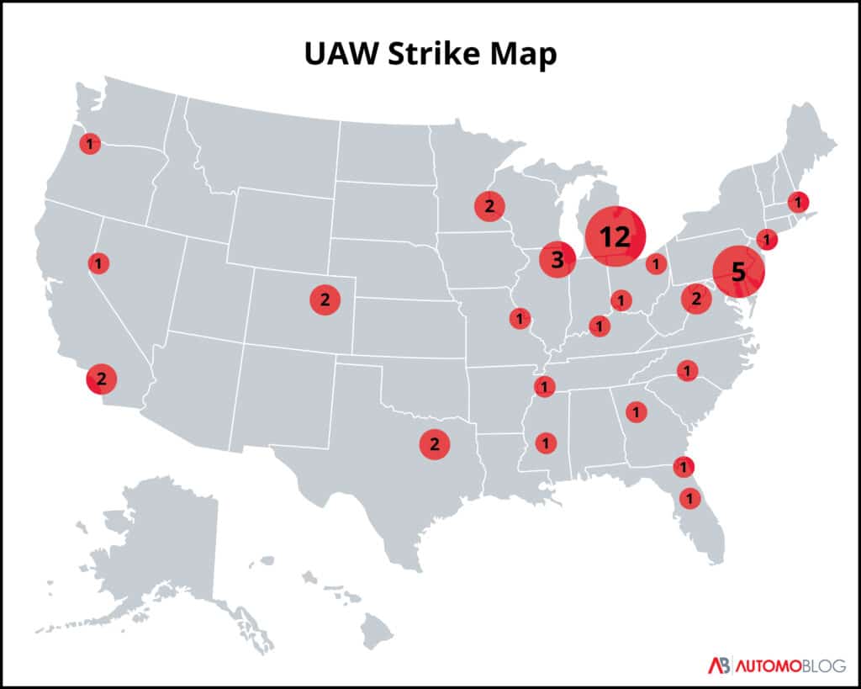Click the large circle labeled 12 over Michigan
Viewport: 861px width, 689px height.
615,236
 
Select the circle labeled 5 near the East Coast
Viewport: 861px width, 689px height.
738,272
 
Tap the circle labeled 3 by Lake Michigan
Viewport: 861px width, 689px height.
557,259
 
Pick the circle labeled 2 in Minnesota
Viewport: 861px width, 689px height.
489,205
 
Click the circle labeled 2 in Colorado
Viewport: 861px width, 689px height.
324,299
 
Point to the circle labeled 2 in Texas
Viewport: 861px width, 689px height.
435,444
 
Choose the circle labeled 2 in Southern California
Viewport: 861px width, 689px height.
101,379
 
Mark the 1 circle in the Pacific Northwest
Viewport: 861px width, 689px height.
90,144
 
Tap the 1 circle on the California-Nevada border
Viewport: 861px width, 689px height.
98,263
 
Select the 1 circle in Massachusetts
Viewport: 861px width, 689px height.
797,202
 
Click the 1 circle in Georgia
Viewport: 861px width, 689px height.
637,412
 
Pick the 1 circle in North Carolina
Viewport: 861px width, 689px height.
687,370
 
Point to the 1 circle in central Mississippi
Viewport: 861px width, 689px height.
546,442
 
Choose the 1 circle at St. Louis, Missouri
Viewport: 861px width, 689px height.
520,318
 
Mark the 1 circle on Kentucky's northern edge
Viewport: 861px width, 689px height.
599,326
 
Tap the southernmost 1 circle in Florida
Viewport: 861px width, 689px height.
689,498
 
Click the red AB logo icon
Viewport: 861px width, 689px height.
718,665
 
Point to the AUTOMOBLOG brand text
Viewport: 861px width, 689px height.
790,665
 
